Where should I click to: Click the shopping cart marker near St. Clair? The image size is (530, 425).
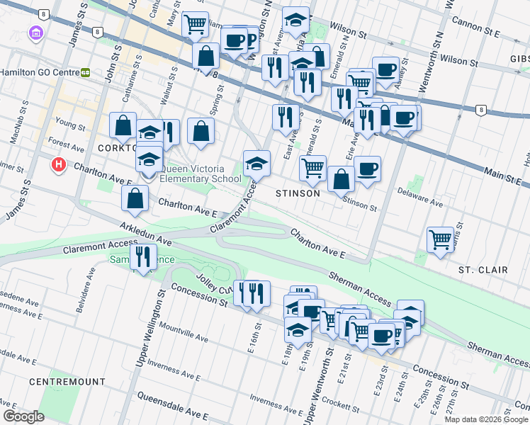(x=440, y=240)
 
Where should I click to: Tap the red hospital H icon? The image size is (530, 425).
(x=59, y=165)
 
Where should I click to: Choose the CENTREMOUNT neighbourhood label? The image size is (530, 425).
(x=67, y=382)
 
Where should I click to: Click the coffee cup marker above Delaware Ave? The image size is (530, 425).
(x=367, y=170)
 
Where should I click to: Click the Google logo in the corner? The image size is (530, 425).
(x=23, y=416)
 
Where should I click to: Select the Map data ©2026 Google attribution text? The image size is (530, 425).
(x=486, y=419)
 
